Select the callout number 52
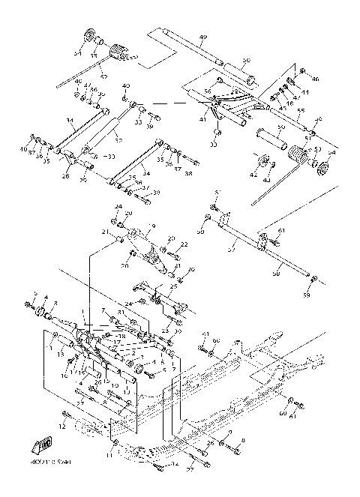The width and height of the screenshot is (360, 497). click(x=103, y=76)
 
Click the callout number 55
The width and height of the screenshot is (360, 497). click(x=301, y=110)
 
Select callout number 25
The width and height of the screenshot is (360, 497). click(x=173, y=286)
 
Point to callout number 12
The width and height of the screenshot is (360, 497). click(x=64, y=426)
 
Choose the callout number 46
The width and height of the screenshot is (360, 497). click(x=316, y=79)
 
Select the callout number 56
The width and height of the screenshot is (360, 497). click(x=207, y=90)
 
